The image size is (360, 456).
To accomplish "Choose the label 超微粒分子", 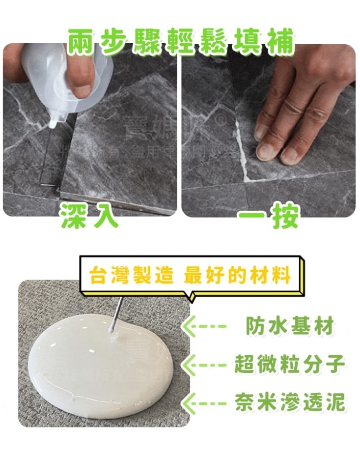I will tap(290, 364).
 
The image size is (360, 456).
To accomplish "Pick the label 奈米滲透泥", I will tap(290, 402).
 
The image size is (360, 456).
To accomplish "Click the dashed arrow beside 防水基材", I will tap(205, 326).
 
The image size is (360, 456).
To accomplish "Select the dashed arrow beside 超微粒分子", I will tap(205, 364).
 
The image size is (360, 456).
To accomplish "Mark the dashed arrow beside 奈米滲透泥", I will tap(205, 402).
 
